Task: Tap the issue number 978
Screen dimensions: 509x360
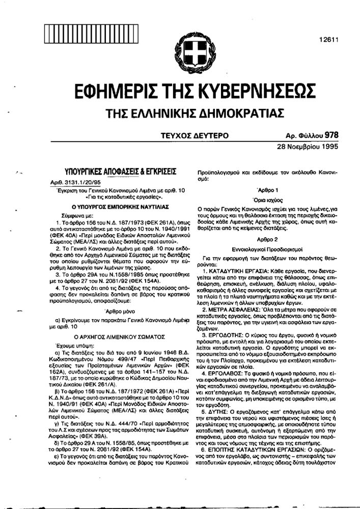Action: click(330, 135)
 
